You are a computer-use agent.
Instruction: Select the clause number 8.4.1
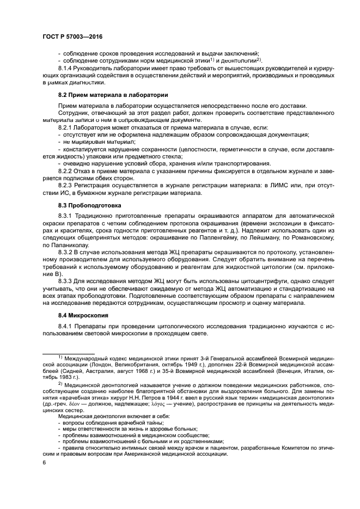click(x=65, y=326)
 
